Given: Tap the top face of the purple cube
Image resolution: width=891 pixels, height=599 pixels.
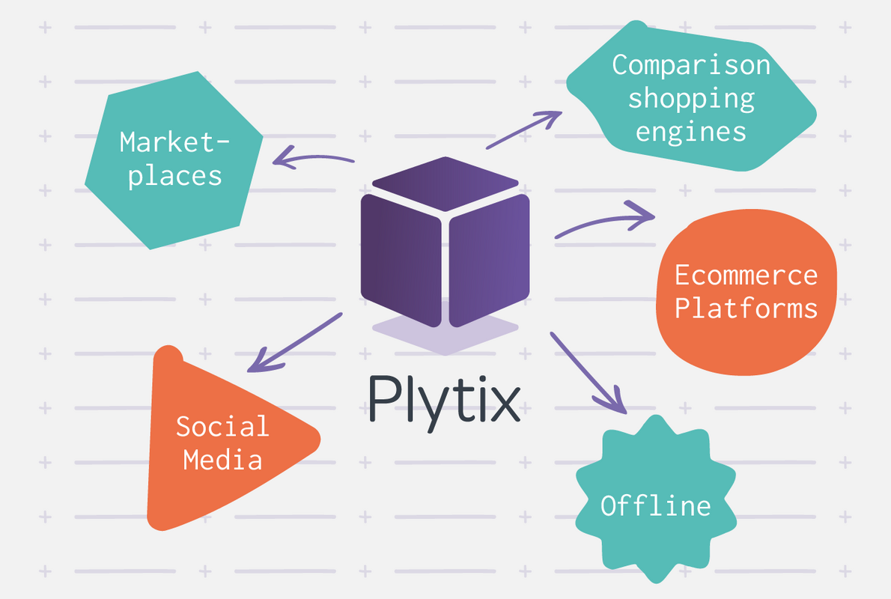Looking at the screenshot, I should [x=445, y=183].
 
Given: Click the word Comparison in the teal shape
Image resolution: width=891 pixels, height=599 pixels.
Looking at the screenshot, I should [x=690, y=65].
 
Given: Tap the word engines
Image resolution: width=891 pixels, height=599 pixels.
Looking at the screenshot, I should [x=690, y=132].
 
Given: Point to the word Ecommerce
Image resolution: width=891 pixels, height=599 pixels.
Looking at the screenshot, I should [x=746, y=275].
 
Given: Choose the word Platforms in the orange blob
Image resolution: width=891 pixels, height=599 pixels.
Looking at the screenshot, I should [x=746, y=308].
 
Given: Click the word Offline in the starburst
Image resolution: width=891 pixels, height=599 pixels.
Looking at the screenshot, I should [x=655, y=505].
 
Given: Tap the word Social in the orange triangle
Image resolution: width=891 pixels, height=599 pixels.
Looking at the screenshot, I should [x=222, y=426].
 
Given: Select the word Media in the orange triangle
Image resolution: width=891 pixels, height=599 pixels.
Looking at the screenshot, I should [x=222, y=459].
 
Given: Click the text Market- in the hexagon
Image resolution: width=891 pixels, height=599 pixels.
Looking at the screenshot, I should [x=175, y=142].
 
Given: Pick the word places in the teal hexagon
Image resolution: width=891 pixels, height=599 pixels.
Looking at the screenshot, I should [x=175, y=175].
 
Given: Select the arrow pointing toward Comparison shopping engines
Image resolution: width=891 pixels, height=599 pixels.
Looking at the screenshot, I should [x=524, y=130].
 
